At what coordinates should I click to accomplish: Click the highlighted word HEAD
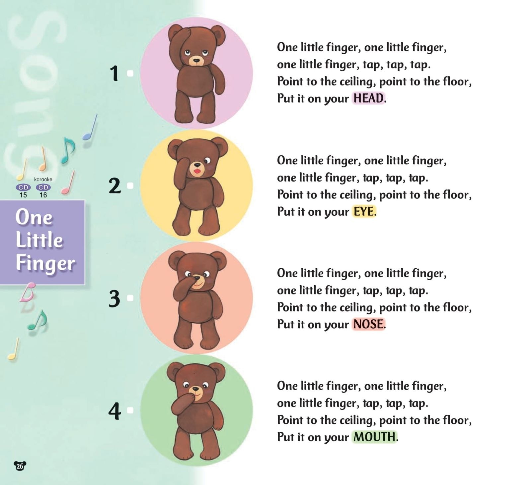368,98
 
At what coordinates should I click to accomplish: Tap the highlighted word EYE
363,211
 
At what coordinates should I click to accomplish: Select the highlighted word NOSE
368,324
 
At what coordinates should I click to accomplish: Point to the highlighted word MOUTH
374,437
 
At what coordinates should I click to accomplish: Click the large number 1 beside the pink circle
114,73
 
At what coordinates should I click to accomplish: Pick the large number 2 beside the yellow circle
115,186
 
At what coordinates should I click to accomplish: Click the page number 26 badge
20,466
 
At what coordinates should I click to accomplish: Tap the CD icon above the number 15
23,187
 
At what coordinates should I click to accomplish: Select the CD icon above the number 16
43,187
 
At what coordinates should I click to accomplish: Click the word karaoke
43,179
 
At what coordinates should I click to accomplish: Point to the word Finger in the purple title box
45,263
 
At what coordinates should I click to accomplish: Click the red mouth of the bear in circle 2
197,171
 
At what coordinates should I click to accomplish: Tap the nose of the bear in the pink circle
196,61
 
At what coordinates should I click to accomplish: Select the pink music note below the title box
28,292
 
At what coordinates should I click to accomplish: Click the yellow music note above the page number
13,349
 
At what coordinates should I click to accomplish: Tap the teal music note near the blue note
68,150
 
